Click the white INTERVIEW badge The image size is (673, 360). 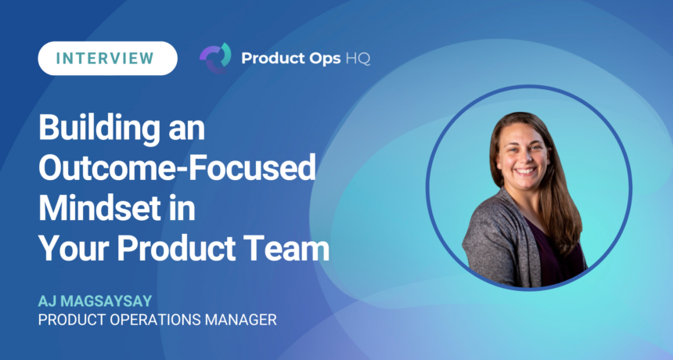107,59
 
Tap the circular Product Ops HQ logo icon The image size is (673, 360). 215,58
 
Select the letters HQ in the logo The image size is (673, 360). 358,59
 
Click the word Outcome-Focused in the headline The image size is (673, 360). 178,168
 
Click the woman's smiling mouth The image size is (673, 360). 526,171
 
